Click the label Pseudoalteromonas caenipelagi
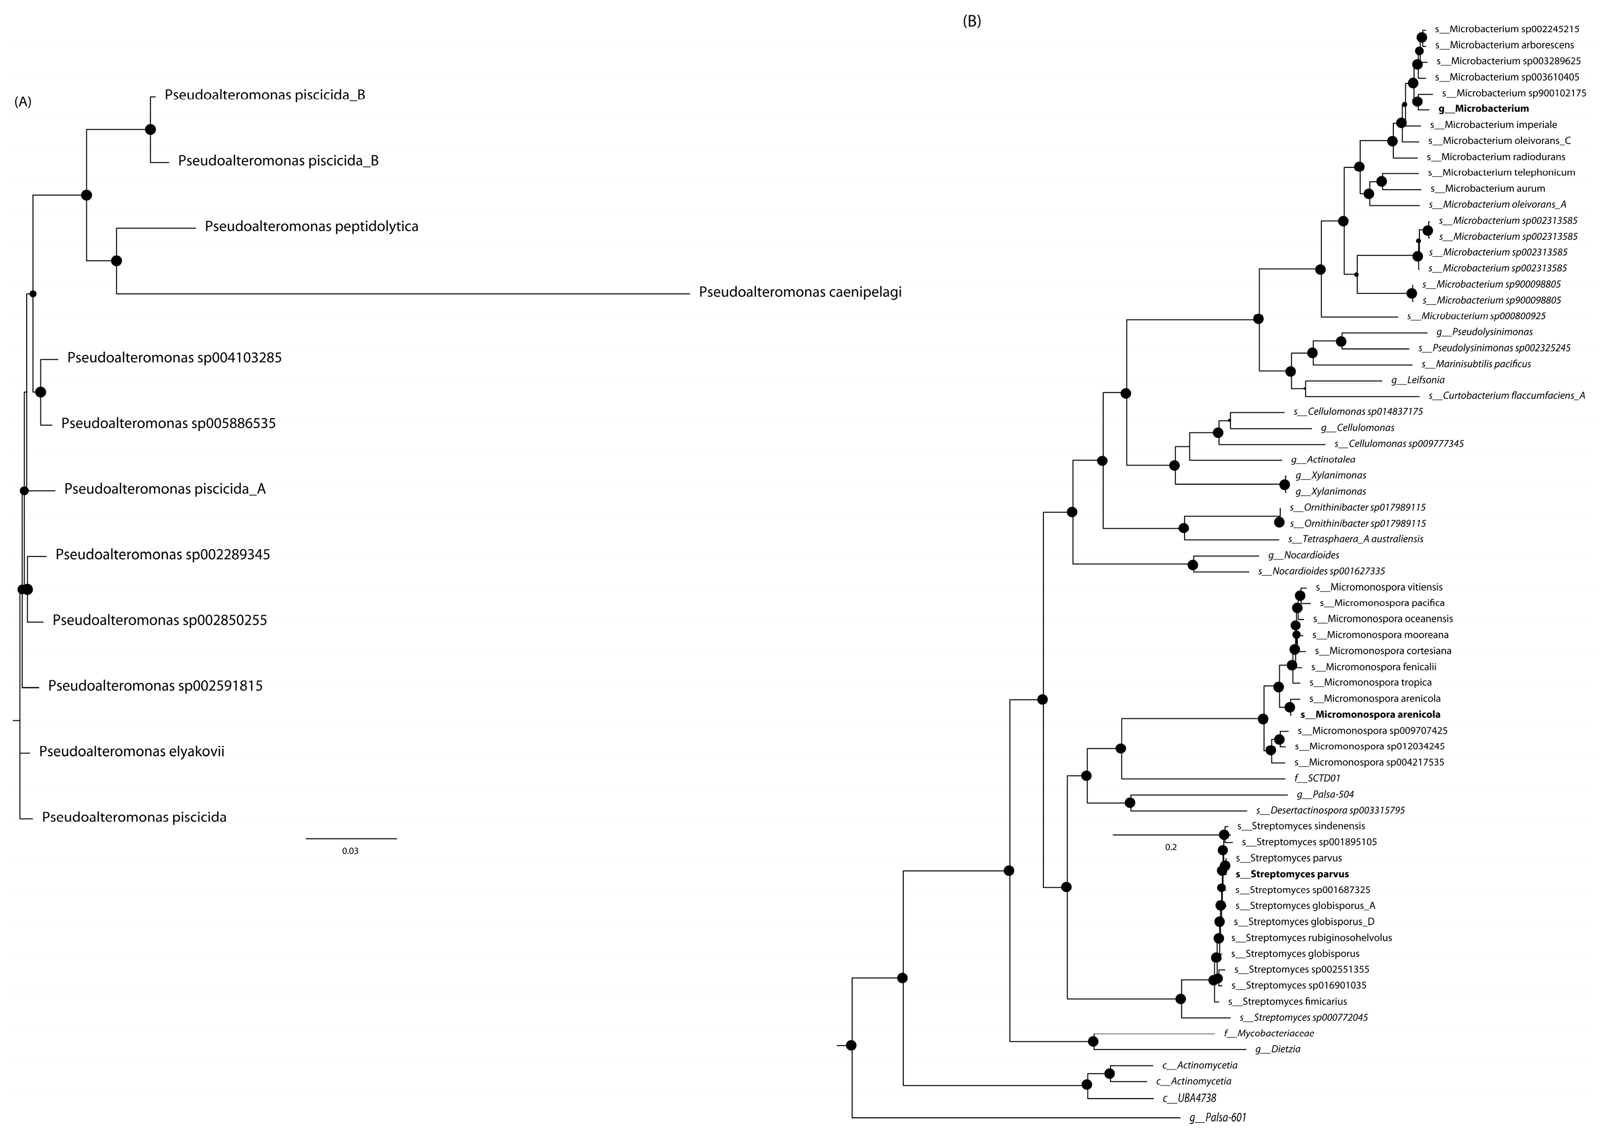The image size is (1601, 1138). [x=800, y=292]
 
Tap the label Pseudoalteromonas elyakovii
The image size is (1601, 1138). [x=132, y=752]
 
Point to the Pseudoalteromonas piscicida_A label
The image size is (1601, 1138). [x=165, y=489]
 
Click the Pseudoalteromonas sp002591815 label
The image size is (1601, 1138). [x=155, y=686]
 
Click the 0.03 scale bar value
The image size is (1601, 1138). [x=350, y=851]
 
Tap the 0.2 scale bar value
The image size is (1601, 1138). [x=1171, y=847]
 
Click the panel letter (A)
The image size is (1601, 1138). [x=23, y=102]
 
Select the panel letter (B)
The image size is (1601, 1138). [x=972, y=21]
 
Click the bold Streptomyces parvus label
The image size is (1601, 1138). [x=1292, y=874]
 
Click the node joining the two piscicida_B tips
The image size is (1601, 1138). [x=150, y=130]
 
